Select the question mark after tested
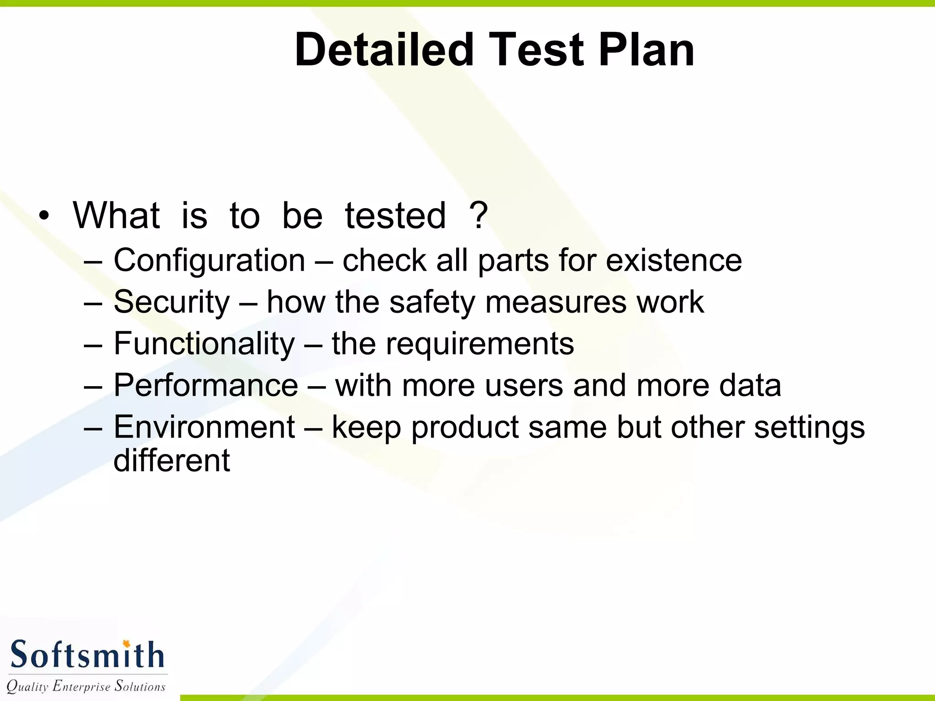coord(478,215)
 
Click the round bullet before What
coord(44,216)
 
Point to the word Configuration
coord(209,261)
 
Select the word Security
coord(171,303)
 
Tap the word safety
coord(432,303)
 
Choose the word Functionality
coord(204,344)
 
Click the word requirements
coord(479,344)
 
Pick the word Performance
coord(205,386)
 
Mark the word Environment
coord(204,428)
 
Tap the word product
coord(465,428)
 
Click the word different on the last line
coord(171,460)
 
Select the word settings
coord(809,428)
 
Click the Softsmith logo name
coord(87,655)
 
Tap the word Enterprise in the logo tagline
coord(81,686)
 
